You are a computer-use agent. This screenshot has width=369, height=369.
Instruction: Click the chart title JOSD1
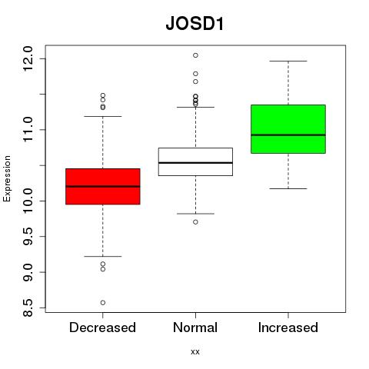click(194, 24)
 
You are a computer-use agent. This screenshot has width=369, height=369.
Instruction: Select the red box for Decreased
click(103, 186)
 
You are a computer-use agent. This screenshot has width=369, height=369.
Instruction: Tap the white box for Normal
click(195, 161)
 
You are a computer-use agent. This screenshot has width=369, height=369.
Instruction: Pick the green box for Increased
click(288, 129)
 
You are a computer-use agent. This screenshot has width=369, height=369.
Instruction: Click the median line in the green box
click(288, 135)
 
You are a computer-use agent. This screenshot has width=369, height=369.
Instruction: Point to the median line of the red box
click(103, 186)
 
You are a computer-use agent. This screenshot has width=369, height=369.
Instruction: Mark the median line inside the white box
click(195, 163)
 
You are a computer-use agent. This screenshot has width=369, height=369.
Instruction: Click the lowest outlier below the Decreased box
click(103, 303)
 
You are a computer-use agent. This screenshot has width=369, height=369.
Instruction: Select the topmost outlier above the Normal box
click(195, 55)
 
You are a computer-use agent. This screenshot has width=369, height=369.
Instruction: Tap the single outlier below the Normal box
click(195, 222)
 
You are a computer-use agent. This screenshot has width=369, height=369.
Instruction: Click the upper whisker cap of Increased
click(288, 61)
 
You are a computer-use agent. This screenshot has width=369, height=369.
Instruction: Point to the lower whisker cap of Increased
click(288, 188)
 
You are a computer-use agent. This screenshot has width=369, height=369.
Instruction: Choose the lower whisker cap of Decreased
click(103, 256)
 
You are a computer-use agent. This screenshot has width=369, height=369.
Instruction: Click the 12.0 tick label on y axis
click(28, 58)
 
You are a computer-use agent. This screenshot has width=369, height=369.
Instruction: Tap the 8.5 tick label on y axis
click(28, 307)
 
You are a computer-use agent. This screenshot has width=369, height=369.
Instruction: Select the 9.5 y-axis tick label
click(28, 237)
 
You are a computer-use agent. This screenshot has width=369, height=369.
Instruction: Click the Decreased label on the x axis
click(102, 327)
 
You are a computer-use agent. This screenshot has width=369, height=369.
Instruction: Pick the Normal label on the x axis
click(195, 327)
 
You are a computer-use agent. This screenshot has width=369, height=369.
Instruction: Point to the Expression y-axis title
click(7, 178)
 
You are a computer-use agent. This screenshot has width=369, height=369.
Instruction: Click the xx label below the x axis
click(195, 352)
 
